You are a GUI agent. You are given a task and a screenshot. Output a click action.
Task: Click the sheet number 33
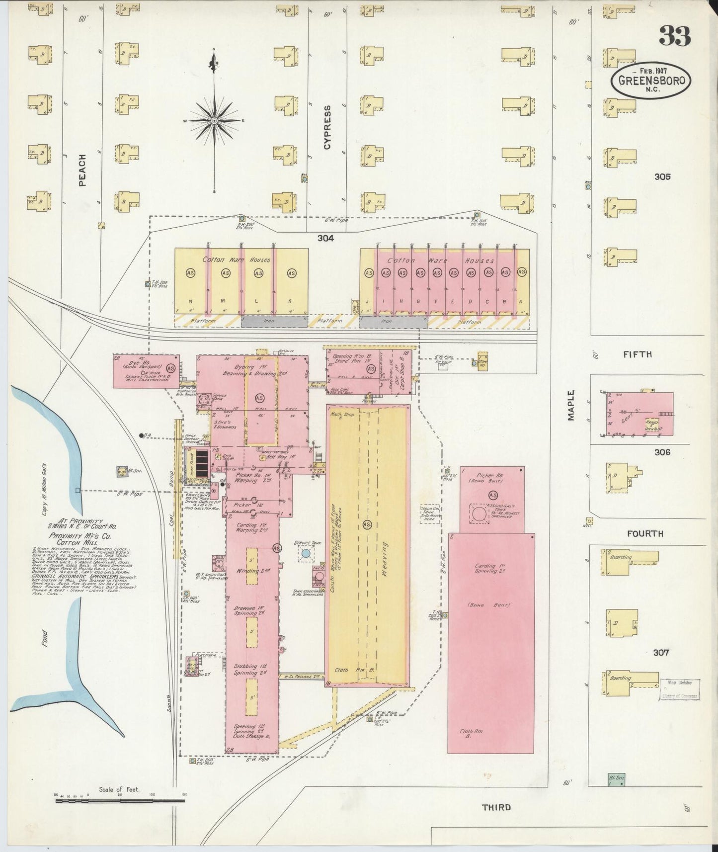pyautogui.click(x=675, y=36)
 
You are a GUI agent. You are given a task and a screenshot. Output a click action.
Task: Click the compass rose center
pyautogui.click(x=214, y=121)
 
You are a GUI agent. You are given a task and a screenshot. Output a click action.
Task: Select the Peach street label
pyautogui.click(x=82, y=170)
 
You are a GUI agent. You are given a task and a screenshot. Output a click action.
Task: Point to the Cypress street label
pyautogui.click(x=326, y=127)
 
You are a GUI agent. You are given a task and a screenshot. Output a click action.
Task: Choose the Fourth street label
pyautogui.click(x=644, y=533)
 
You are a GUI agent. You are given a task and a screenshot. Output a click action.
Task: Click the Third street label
pyautogui.click(x=496, y=807)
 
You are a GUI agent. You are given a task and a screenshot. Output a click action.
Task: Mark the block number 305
pyautogui.click(x=662, y=176)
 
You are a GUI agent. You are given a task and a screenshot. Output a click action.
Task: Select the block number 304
pyautogui.click(x=325, y=238)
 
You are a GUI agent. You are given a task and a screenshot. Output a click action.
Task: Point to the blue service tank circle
pyautogui.click(x=306, y=553)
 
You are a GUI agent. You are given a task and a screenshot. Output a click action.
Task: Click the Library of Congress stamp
pyautogui.click(x=679, y=690)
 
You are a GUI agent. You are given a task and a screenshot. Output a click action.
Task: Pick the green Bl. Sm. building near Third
pyautogui.click(x=616, y=779)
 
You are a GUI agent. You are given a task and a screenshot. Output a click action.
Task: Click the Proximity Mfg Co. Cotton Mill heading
pyautogui.click(x=73, y=539)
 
